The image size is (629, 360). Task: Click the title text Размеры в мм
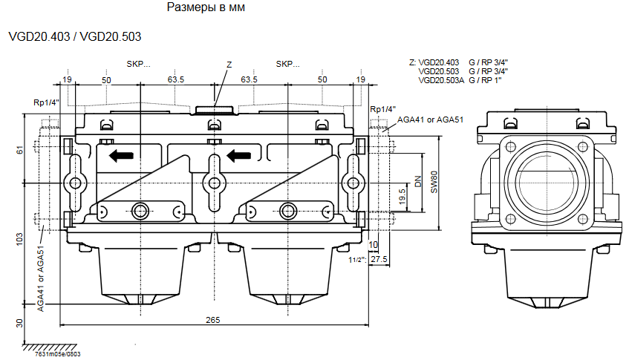pyautogui.click(x=206, y=8)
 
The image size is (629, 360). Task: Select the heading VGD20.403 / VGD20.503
pyautogui.click(x=74, y=36)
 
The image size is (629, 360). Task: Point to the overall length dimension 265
pyautogui.click(x=213, y=319)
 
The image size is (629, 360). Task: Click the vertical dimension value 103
pyautogui.click(x=20, y=240)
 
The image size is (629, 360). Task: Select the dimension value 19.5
pyautogui.click(x=402, y=197)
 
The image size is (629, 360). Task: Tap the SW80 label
pyautogui.click(x=435, y=182)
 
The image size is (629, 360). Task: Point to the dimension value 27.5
pyautogui.click(x=379, y=259)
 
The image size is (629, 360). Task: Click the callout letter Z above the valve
pyautogui.click(x=229, y=65)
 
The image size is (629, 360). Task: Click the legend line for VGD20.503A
pyautogui.click(x=460, y=80)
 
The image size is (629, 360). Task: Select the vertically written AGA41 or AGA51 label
pyautogui.click(x=42, y=280)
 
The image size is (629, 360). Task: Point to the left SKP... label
pyautogui.click(x=138, y=64)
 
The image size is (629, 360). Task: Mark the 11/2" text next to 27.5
pyautogui.click(x=356, y=260)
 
